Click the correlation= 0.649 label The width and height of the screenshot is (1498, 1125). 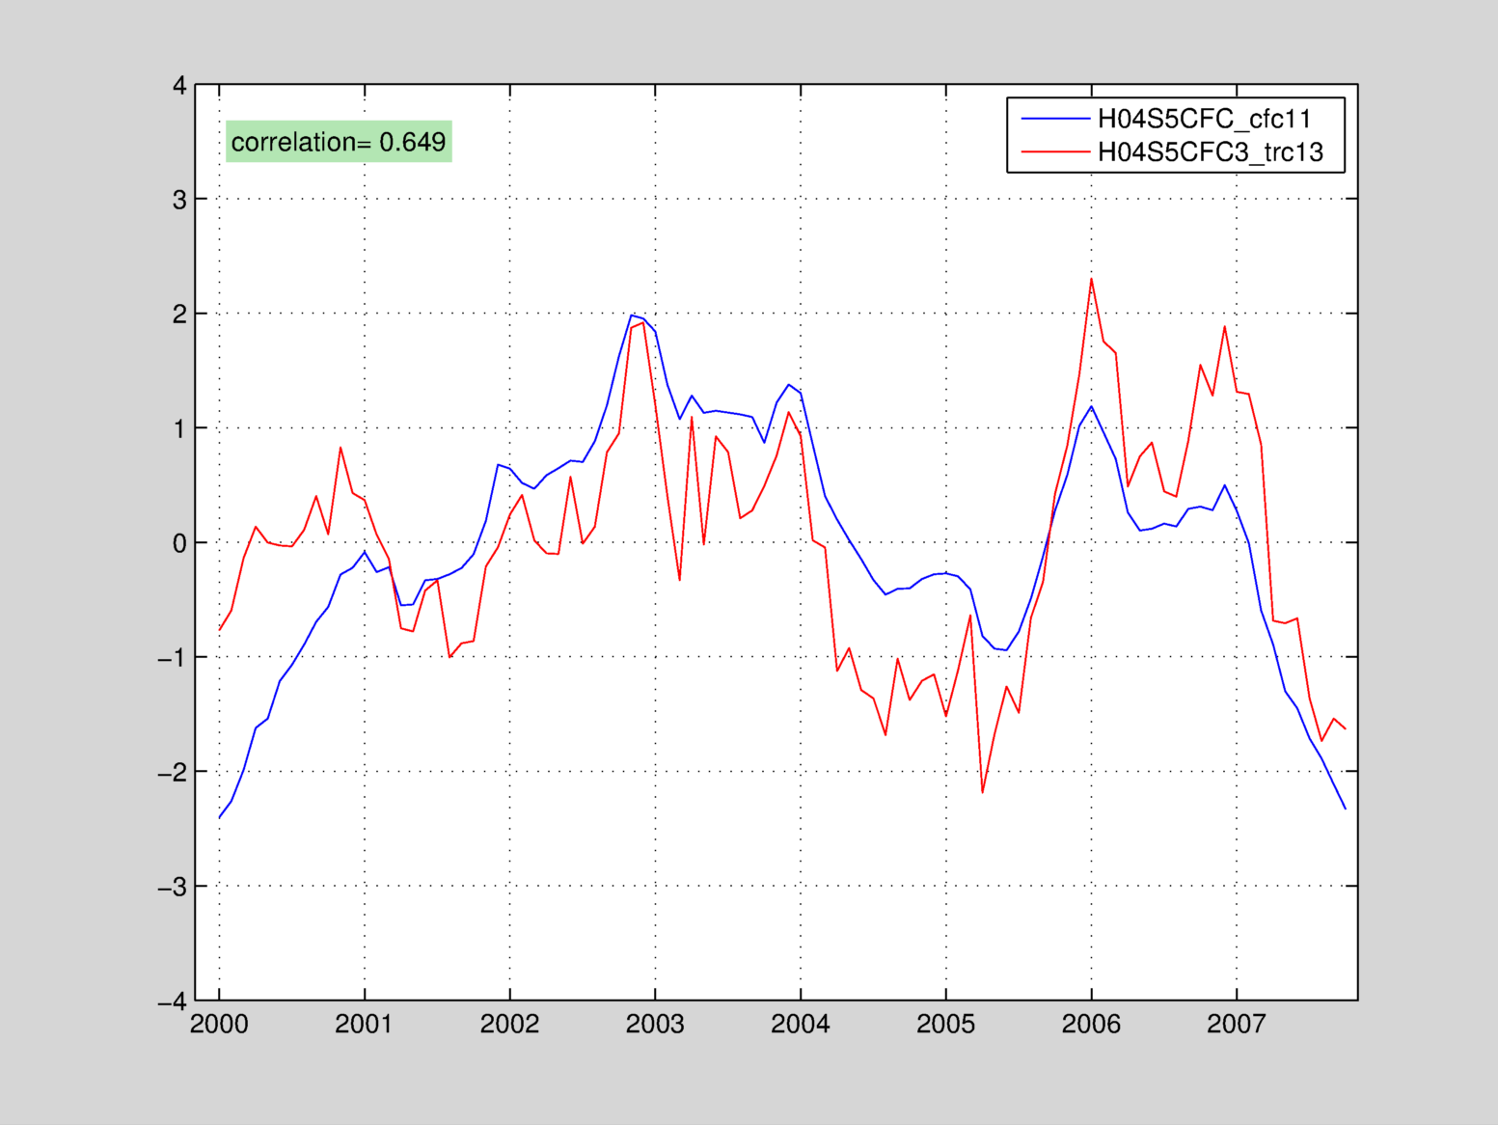click(x=339, y=142)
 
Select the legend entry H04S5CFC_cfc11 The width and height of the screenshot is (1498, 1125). click(x=1205, y=119)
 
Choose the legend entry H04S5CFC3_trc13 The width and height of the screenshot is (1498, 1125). click(x=1211, y=152)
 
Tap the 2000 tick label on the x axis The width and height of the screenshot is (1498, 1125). click(x=219, y=1025)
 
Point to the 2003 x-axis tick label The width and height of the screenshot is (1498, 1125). click(x=655, y=1025)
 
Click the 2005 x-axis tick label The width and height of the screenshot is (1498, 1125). click(x=945, y=1025)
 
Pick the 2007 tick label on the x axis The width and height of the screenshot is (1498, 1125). click(x=1236, y=1025)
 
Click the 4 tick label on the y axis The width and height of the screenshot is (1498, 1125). click(x=179, y=86)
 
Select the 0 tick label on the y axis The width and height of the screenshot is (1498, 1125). click(x=179, y=543)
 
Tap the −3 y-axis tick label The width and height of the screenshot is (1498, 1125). click(x=173, y=887)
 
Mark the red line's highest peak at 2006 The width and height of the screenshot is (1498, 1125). click(x=1091, y=280)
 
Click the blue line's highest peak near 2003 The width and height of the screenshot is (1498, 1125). click(x=632, y=315)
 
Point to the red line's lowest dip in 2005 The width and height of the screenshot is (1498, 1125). click(x=982, y=792)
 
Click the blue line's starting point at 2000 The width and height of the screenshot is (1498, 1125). click(x=220, y=817)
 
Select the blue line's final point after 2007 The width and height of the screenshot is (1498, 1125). click(x=1345, y=809)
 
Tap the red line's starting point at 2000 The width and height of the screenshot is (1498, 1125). click(x=220, y=629)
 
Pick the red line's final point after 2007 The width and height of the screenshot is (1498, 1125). click(x=1345, y=728)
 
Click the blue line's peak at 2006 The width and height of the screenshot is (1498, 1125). click(x=1091, y=406)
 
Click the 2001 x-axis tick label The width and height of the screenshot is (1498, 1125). click(x=364, y=1025)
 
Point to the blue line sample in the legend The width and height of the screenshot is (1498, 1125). click(x=1055, y=119)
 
